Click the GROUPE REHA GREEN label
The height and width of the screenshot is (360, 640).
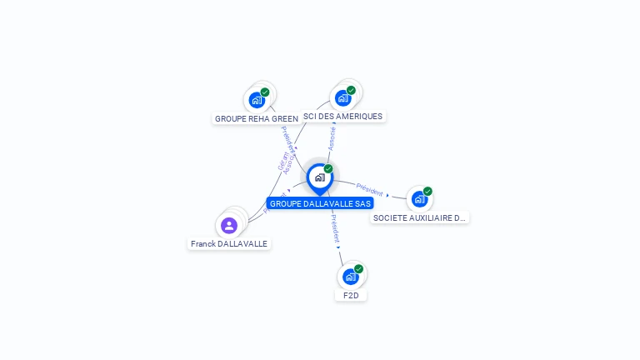point(256,118)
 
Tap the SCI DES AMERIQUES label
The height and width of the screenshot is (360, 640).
point(342,117)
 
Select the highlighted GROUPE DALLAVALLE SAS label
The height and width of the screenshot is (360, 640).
point(320,203)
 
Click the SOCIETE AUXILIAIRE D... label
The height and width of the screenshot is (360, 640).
point(419,217)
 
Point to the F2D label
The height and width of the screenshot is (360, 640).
point(351,295)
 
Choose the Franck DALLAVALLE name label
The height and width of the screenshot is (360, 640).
point(229,244)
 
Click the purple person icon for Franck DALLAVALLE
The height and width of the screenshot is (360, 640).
point(229,225)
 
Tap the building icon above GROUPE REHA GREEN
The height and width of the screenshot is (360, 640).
point(257,100)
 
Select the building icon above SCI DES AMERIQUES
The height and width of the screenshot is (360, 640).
point(342,98)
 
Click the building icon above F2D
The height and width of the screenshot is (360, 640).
point(350,277)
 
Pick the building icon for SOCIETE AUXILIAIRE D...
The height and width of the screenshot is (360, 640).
point(419,199)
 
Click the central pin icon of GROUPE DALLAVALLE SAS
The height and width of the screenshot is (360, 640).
point(319,177)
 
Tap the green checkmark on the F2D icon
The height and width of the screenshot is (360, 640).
point(358,269)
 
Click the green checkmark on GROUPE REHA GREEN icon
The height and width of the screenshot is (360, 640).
point(265,92)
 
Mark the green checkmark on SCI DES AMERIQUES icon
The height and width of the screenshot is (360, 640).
point(351,90)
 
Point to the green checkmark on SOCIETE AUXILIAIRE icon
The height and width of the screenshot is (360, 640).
point(427,192)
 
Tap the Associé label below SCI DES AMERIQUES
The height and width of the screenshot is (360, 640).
point(332,137)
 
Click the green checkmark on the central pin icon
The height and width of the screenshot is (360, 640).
point(328,169)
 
